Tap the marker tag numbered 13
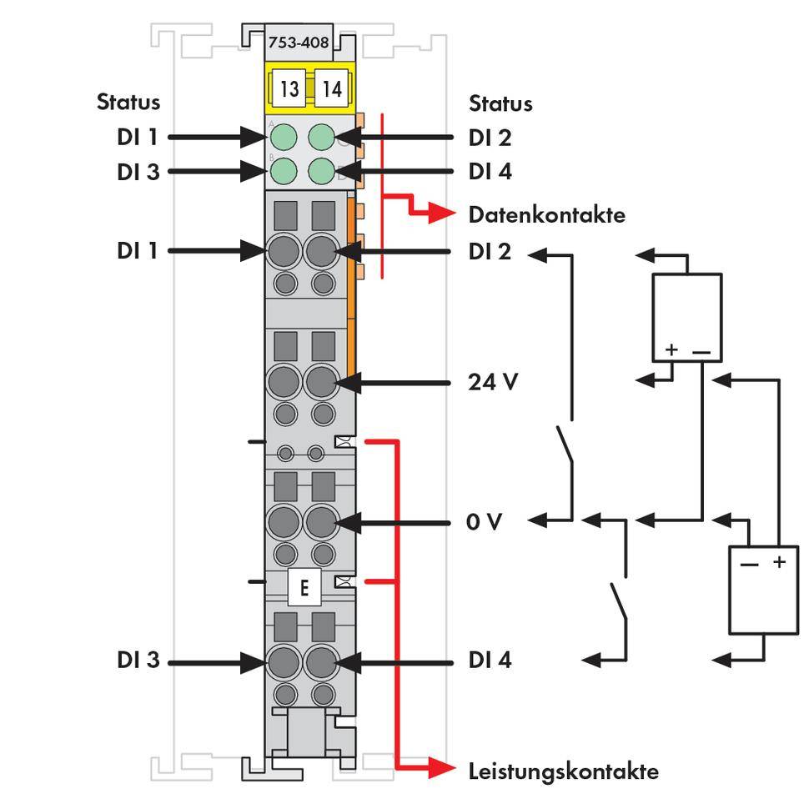coord(289,88)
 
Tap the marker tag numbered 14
coord(332,88)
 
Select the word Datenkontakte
coord(546,215)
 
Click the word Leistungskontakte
coord(563,771)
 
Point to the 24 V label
coord(492,383)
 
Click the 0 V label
coord(485,522)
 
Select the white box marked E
coord(304,588)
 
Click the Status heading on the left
coord(128,103)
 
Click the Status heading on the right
coord(500,104)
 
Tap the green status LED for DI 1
coord(284,136)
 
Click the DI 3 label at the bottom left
coord(138,661)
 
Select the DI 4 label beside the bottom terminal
coord(490,661)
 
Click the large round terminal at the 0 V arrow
coord(321,523)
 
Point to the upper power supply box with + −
coord(686,317)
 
